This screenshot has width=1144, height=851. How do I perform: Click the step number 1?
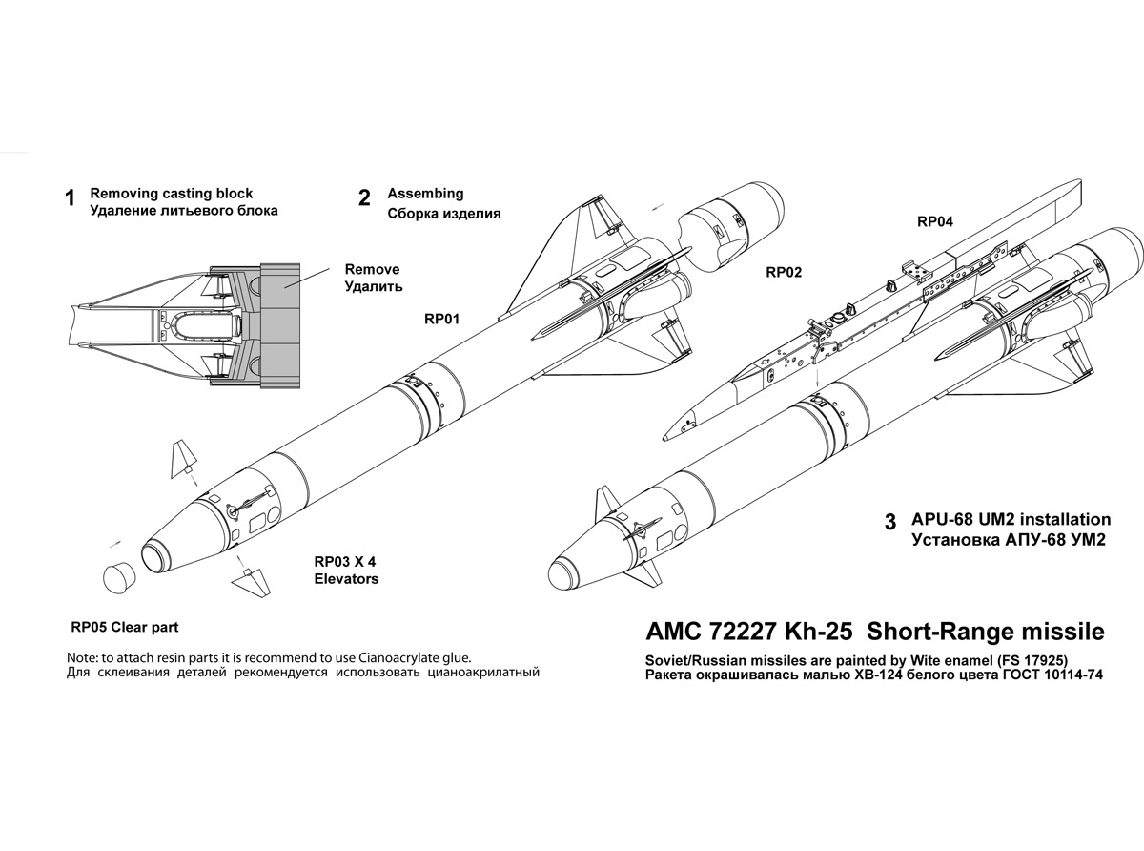coord(69,199)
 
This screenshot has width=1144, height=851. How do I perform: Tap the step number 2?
coord(364,198)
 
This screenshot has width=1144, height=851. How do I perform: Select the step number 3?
coord(890,523)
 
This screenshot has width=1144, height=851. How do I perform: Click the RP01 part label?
coord(441,320)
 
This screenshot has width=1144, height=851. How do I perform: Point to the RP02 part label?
coord(784,272)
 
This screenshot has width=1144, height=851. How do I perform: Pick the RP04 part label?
coord(935,221)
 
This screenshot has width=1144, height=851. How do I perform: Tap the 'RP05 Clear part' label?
coord(125,628)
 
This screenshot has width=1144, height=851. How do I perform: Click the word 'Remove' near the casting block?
coord(372,269)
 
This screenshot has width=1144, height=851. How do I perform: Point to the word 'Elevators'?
coord(346,578)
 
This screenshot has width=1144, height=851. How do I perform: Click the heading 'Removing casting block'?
coord(171,193)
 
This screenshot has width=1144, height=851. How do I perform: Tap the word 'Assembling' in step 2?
coord(425,193)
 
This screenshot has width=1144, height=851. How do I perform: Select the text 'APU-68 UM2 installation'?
coord(1011,520)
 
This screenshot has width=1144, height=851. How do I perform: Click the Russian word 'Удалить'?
coord(373,286)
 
